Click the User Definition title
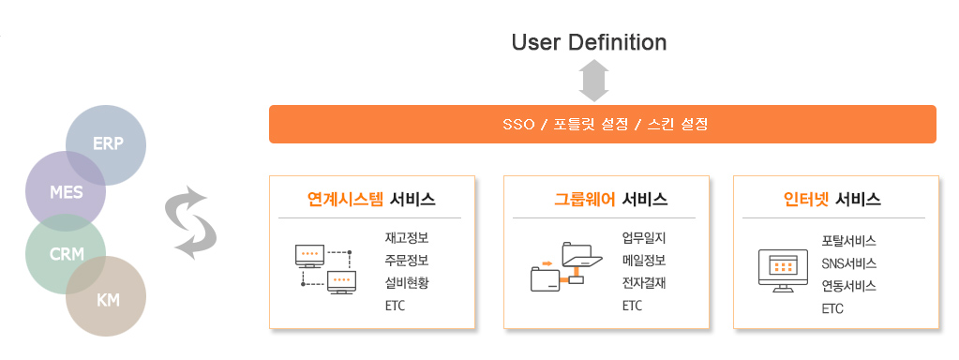point(589,42)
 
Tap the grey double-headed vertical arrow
point(593,80)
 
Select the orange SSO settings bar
point(603,124)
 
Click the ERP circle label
point(108,143)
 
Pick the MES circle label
point(66,192)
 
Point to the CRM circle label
point(67,254)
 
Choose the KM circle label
point(108,301)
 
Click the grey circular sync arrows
point(191,222)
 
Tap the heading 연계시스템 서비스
point(371,200)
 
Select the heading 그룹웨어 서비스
point(610,200)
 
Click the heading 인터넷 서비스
point(832,200)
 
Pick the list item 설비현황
point(407,284)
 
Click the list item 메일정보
point(644,261)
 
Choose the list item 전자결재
point(644,284)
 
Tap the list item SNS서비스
point(849,263)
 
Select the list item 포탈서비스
point(849,241)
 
